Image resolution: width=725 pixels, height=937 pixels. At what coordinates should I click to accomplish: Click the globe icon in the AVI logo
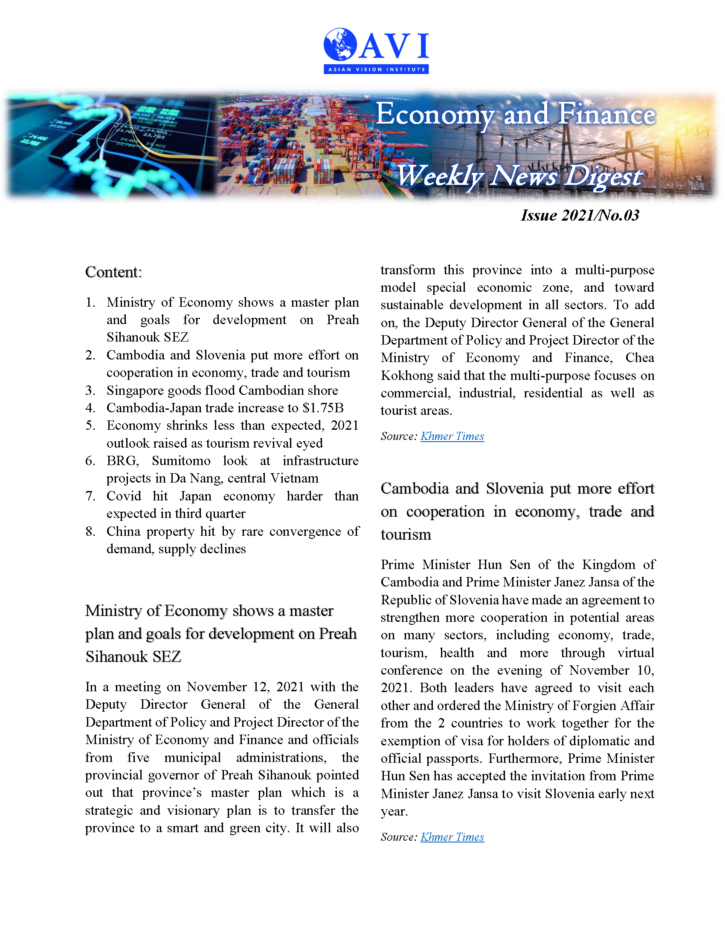(x=340, y=44)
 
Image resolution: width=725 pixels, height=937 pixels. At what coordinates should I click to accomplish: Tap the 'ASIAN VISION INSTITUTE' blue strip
(x=376, y=69)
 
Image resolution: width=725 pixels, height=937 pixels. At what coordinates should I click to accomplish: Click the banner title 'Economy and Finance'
(x=516, y=115)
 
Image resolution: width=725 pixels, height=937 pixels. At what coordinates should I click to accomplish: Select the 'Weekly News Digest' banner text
(x=519, y=176)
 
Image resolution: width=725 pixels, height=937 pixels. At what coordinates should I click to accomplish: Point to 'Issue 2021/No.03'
(x=580, y=216)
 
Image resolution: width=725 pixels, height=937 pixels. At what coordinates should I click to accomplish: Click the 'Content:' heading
(x=113, y=272)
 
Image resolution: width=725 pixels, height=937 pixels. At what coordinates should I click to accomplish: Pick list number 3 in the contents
(x=90, y=391)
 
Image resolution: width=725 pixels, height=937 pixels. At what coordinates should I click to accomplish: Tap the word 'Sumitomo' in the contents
(x=181, y=461)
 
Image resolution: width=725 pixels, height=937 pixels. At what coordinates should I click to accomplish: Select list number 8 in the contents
(x=90, y=532)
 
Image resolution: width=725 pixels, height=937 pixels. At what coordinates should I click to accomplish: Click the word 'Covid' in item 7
(x=124, y=496)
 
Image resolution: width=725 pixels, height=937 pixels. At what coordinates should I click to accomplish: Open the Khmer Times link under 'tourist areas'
(x=452, y=436)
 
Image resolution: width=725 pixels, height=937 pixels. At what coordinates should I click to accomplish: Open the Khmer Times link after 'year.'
(x=452, y=837)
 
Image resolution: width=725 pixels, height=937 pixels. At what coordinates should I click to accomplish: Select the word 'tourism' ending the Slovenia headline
(x=406, y=535)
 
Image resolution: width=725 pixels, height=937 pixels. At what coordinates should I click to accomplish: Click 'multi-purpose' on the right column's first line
(x=614, y=270)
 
